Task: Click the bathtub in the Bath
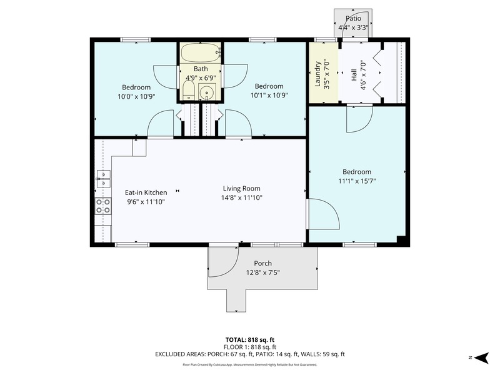tap(201, 52)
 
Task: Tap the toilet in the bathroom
tap(189, 90)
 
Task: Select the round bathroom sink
tap(207, 92)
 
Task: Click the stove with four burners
tap(103, 206)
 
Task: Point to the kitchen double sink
tap(103, 179)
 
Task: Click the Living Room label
tap(241, 189)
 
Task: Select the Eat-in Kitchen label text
tap(146, 192)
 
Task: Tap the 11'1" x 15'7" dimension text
tap(357, 181)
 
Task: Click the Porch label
tap(262, 263)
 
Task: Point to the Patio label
tap(353, 19)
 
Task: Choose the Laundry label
tap(317, 74)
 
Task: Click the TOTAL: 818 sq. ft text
tap(249, 340)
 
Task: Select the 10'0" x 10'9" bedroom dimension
tap(136, 96)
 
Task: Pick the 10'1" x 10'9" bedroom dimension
tap(269, 96)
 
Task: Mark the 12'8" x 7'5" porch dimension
tap(262, 272)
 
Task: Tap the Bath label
tap(201, 69)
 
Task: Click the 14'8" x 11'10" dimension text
tap(242, 197)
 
